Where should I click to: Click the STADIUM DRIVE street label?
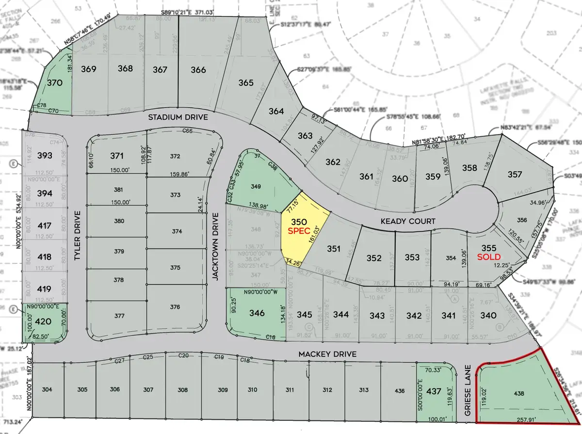tap(178, 117)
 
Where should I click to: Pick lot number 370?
tap(54, 82)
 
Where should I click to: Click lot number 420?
tap(44, 321)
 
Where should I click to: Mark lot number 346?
tap(257, 313)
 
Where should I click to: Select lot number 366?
tap(198, 69)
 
